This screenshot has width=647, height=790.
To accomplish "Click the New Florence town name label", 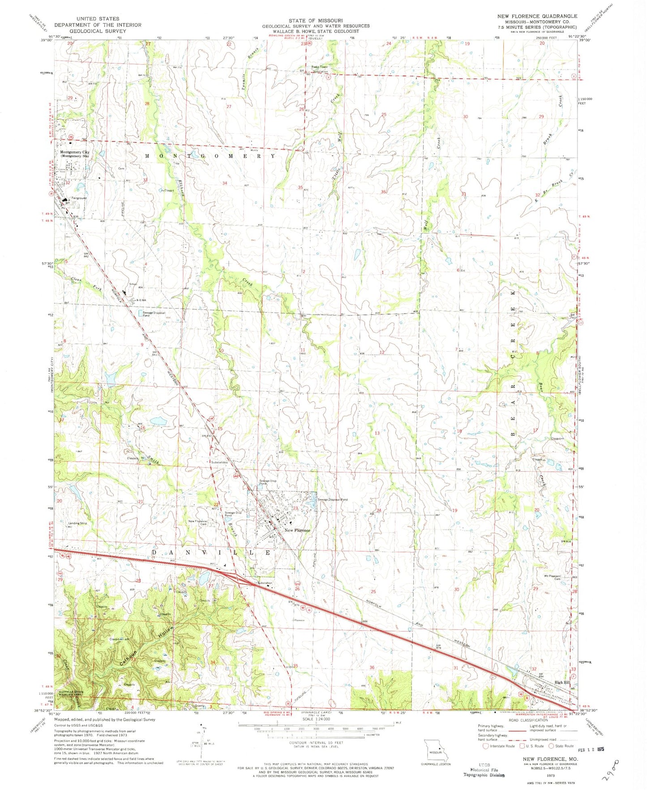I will tap(297, 530).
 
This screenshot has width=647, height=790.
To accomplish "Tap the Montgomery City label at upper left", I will tap(74, 152).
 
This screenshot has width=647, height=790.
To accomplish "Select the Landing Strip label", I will tap(77, 523).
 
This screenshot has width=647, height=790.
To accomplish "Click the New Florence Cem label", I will tap(197, 523).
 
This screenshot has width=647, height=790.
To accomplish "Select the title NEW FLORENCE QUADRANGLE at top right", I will tap(537, 16).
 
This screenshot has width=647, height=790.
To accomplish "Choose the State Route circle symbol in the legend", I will tap(551, 746).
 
